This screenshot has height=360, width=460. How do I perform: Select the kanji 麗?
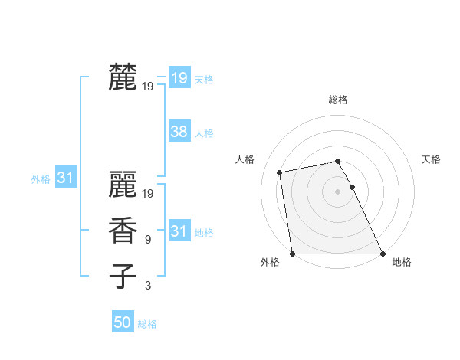point(123,183)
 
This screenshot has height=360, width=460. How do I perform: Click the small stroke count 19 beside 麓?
point(148,87)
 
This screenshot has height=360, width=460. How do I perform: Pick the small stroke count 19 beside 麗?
point(148,194)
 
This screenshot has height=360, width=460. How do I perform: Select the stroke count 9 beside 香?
point(148,240)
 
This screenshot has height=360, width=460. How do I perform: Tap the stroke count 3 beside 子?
point(148,286)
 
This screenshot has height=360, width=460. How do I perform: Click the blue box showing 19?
point(179,77)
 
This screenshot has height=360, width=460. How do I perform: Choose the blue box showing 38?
point(179,131)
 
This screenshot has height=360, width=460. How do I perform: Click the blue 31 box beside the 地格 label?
point(179,231)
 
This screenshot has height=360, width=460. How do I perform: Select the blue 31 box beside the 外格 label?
point(66,178)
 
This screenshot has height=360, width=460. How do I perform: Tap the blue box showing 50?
point(123,322)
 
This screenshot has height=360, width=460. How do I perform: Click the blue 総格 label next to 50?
point(147,324)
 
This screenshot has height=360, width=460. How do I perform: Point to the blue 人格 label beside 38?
point(204,133)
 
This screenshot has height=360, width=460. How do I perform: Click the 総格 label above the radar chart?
point(338,100)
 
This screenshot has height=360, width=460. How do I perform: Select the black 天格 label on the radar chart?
point(432,159)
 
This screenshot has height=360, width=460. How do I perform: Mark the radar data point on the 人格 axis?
point(281,172)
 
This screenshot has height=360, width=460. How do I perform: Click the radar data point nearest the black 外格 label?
point(293,254)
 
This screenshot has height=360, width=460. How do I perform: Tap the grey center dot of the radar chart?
point(338,191)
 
